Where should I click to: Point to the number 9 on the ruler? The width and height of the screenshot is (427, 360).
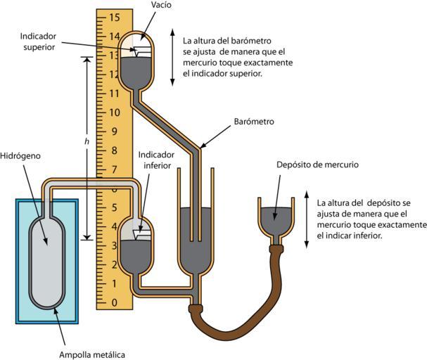click(115, 131)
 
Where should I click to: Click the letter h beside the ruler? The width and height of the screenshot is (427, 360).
click(87, 142)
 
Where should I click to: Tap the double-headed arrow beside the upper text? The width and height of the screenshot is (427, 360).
click(171, 57)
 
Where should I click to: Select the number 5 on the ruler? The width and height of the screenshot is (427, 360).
click(115, 207)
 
